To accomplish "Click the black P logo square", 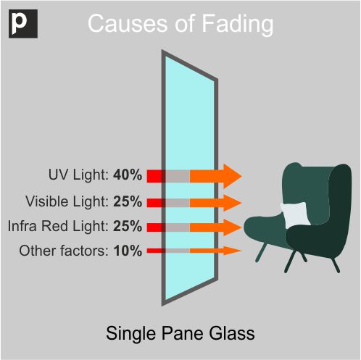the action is [x=23, y=24].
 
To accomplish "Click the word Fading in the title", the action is [x=237, y=24].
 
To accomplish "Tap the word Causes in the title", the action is [x=128, y=23].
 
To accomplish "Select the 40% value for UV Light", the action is [x=128, y=175].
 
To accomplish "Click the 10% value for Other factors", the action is [x=128, y=251].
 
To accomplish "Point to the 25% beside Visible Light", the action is [x=128, y=201].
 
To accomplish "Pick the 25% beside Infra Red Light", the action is [x=128, y=226].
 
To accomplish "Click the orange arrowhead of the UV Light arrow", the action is [x=233, y=176].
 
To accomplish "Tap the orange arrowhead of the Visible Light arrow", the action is [x=233, y=203].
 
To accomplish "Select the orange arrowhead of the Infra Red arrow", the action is [x=233, y=227].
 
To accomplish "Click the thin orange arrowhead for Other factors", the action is [x=233, y=251].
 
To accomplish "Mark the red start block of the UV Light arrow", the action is [x=154, y=176].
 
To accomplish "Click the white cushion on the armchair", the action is [x=295, y=214].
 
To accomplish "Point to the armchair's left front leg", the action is [x=262, y=252].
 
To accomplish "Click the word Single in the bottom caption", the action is [x=130, y=334].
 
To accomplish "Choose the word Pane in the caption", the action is [x=182, y=333].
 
